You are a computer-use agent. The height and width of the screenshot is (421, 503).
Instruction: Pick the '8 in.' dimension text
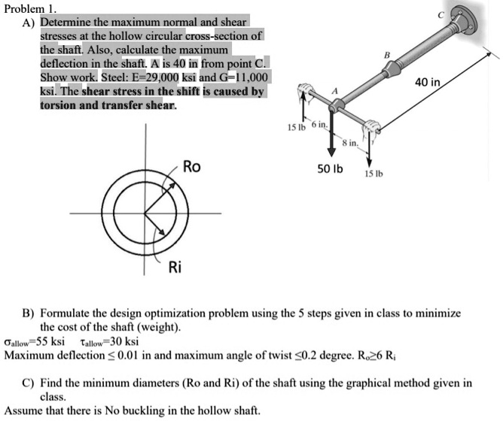[352, 143]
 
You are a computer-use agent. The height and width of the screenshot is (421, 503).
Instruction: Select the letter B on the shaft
[387, 55]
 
